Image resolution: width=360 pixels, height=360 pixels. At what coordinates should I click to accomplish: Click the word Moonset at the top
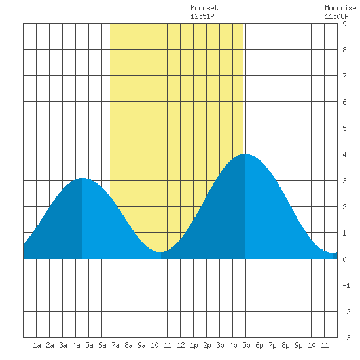pos(204,8)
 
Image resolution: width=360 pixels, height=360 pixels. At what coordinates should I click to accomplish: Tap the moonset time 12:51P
pos(202,16)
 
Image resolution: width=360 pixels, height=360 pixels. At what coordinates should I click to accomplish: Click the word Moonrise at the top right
pos(340,8)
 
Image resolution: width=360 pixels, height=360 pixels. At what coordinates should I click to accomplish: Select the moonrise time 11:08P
pos(336,16)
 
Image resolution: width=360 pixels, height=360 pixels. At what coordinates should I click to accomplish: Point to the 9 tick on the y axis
pos(344,24)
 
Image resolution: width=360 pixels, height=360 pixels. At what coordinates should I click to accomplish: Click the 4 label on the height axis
pos(344,154)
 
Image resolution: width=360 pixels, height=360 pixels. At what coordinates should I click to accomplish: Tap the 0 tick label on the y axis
pos(344,259)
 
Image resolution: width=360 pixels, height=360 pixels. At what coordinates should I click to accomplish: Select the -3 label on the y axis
pos(346,338)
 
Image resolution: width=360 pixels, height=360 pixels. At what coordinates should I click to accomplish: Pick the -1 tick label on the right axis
pos(346,285)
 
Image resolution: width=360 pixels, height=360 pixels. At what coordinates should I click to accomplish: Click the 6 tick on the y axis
pos(344,102)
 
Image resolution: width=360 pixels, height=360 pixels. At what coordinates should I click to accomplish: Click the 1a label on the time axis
pos(37,345)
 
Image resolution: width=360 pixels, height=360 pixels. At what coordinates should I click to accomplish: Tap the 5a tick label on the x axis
pos(89,345)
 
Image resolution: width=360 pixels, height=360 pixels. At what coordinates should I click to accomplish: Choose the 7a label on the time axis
pos(115,345)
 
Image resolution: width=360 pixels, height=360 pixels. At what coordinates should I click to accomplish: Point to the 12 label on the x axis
pos(181,345)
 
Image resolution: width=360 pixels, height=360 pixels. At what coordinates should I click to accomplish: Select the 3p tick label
pos(220,345)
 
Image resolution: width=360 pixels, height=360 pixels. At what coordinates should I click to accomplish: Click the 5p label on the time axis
pos(246,345)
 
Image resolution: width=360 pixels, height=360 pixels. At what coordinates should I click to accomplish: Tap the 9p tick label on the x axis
pos(298,345)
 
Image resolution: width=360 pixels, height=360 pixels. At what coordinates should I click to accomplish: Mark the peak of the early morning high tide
pos(82,178)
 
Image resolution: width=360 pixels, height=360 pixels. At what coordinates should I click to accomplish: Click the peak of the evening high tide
pos(245,154)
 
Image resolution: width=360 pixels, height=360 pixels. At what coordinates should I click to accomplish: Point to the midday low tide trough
pos(161,252)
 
